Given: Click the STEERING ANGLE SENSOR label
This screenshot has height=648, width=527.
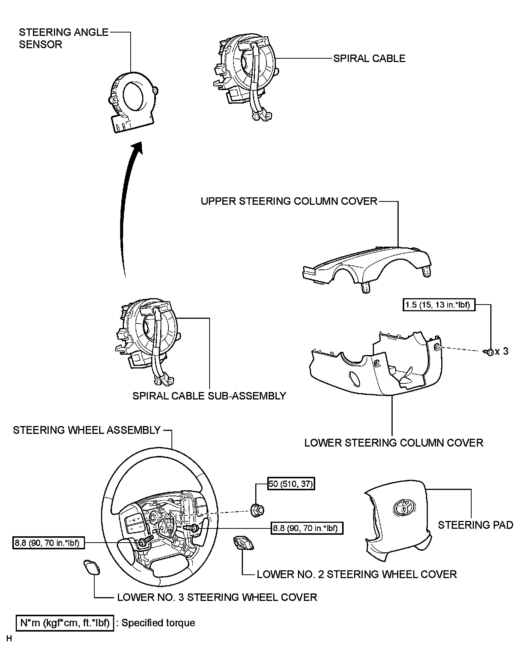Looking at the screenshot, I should coord(63,38).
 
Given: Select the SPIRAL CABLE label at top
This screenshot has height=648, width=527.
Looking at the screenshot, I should coord(369,58).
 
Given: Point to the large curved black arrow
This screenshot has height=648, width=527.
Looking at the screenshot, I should coord(127,209).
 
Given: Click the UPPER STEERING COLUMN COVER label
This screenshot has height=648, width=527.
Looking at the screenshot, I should coord(289,201).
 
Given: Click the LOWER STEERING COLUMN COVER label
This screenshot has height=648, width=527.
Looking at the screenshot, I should coord(394,443).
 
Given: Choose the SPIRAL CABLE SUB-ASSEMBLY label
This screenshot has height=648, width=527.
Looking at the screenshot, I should coord(209,396).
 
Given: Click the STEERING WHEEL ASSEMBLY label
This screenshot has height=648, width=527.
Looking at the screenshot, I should coord(87,430).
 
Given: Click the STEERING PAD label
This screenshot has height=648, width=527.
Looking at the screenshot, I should coord(475,525).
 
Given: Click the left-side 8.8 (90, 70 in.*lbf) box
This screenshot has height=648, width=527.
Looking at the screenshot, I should coord(48,543).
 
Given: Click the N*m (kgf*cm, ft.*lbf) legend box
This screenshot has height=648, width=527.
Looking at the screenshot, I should coord(65,623).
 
